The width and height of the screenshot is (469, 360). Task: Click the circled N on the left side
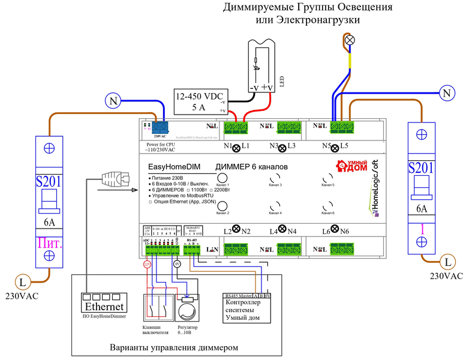(113, 101)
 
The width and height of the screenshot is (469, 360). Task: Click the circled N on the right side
(446, 93)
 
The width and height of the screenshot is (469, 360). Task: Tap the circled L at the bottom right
(447, 262)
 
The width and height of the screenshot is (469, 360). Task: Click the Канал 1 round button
(223, 178)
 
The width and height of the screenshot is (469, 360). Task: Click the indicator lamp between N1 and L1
(236, 147)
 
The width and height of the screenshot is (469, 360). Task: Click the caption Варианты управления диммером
(174, 347)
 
